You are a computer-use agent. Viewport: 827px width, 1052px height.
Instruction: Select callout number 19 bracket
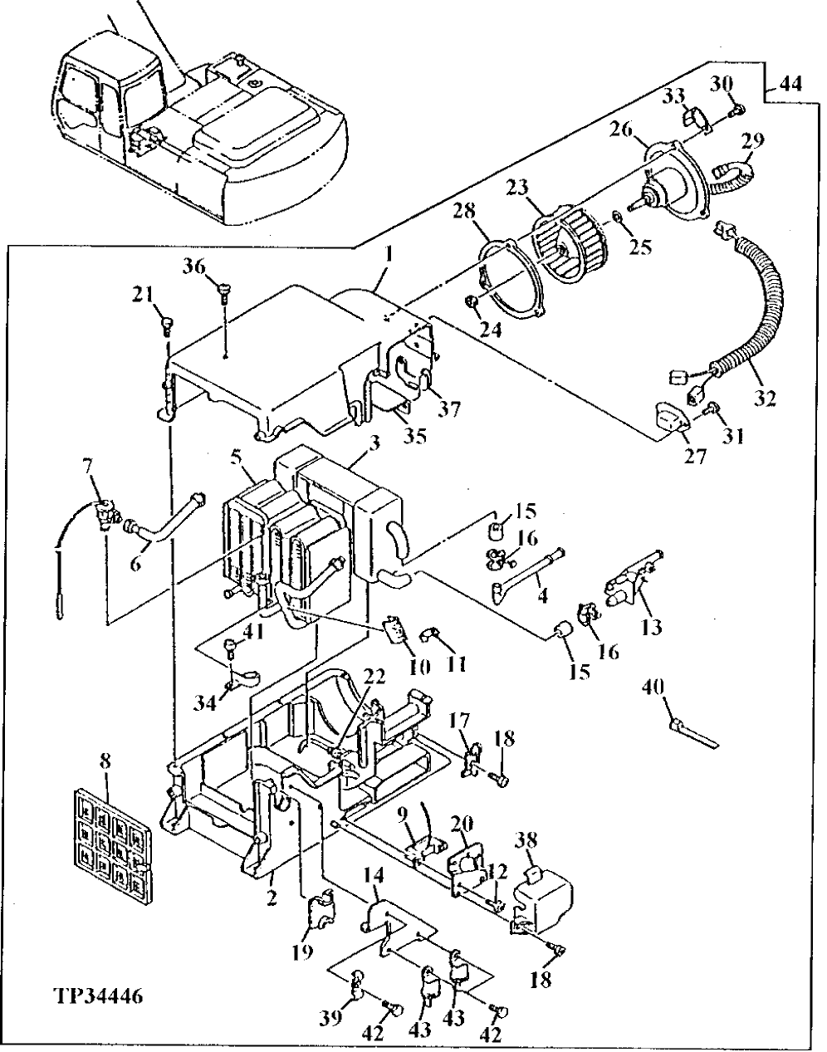tap(303, 951)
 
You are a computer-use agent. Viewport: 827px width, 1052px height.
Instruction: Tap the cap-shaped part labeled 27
tap(668, 418)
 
